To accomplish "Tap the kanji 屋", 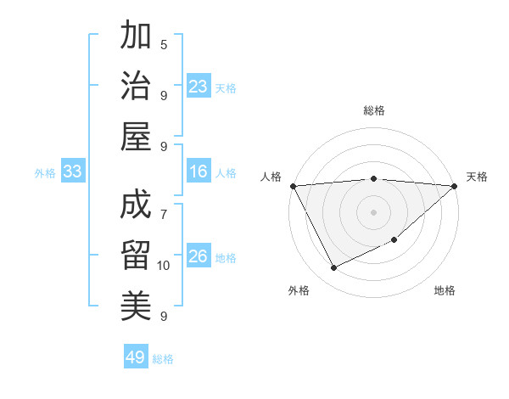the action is (x=136, y=137).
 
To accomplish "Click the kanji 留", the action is (x=136, y=254).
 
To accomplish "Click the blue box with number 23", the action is (x=199, y=87).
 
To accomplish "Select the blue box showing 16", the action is (x=199, y=172).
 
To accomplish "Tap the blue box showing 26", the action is (x=199, y=256).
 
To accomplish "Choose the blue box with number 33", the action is (x=72, y=172).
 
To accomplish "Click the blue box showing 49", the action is (x=135, y=357).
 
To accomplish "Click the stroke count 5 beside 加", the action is (x=164, y=44).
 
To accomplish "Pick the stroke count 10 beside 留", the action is (x=164, y=266).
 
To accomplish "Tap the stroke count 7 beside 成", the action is (x=164, y=205).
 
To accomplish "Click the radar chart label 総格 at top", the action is (x=373, y=110).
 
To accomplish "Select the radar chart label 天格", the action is (x=477, y=177).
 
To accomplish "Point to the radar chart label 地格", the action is (x=445, y=290).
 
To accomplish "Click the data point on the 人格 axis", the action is (x=293, y=186).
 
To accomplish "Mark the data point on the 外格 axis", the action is (x=333, y=268).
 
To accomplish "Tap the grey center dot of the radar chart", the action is (x=373, y=212).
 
